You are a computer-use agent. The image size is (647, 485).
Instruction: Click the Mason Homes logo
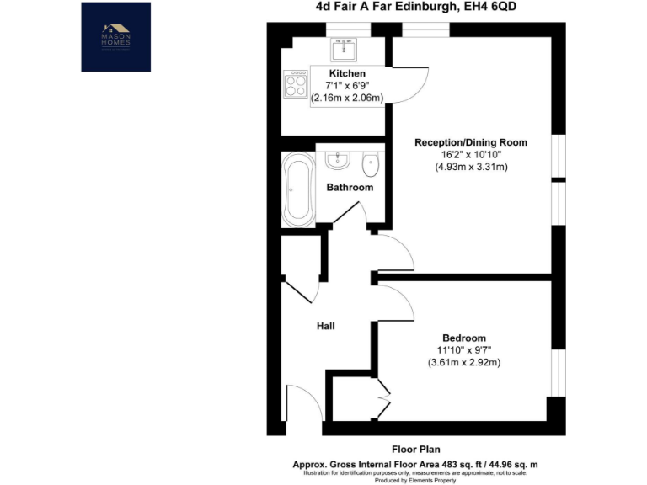click(x=116, y=36)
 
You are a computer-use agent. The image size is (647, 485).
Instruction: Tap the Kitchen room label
click(x=347, y=74)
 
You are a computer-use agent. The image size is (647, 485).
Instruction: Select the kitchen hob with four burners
click(x=296, y=82)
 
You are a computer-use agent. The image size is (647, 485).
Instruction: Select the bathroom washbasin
click(x=340, y=158)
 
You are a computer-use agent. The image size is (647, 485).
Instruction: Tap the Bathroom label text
click(x=350, y=188)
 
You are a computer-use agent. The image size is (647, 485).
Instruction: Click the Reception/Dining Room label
click(x=470, y=142)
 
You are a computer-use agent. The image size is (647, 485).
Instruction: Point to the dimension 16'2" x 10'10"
click(x=470, y=155)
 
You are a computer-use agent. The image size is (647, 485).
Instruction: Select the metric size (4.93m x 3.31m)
click(x=471, y=168)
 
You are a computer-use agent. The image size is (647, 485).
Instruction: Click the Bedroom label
click(x=463, y=338)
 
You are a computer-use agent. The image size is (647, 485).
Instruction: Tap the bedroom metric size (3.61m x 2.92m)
click(x=463, y=363)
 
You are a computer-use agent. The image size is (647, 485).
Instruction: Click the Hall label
click(x=326, y=325)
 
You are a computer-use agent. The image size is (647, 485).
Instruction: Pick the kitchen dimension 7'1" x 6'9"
click(x=347, y=86)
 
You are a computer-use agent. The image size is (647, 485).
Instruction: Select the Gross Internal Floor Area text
click(x=415, y=465)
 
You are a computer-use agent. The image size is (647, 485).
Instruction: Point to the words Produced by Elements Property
click(x=415, y=480)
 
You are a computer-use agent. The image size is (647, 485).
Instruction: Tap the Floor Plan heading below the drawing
click(x=416, y=450)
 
